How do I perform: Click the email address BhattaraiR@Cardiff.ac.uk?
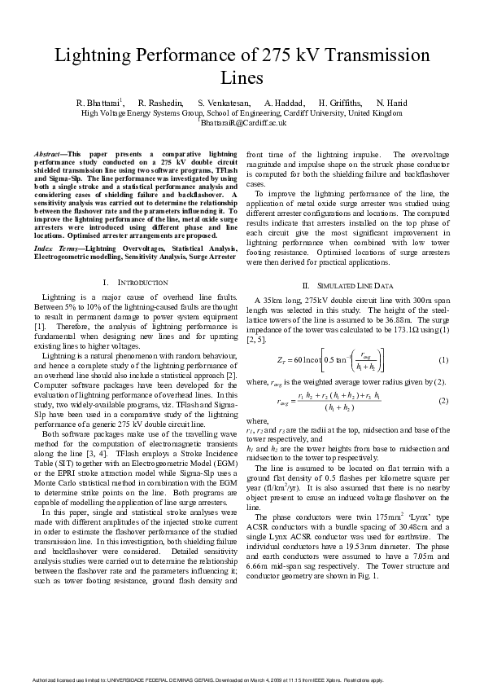click(x=243, y=122)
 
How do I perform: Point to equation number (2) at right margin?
click(x=443, y=401)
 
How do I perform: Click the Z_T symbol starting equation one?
click(x=284, y=360)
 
